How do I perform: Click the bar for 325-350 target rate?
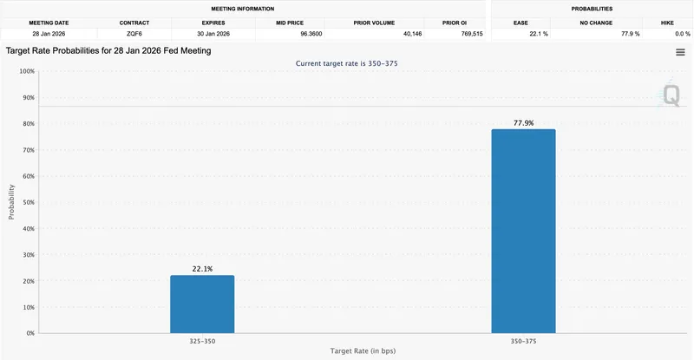click(x=202, y=304)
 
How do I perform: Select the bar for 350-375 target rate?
click(x=523, y=231)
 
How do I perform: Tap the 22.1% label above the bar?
click(x=202, y=269)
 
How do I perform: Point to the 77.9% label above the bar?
click(x=523, y=123)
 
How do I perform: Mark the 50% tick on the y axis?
click(x=26, y=202)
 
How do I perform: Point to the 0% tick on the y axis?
click(x=29, y=333)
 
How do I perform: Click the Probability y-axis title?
click(x=11, y=201)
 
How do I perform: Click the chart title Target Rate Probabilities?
click(x=108, y=51)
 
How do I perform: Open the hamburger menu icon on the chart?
click(x=680, y=52)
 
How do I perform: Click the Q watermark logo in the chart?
click(x=671, y=95)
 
